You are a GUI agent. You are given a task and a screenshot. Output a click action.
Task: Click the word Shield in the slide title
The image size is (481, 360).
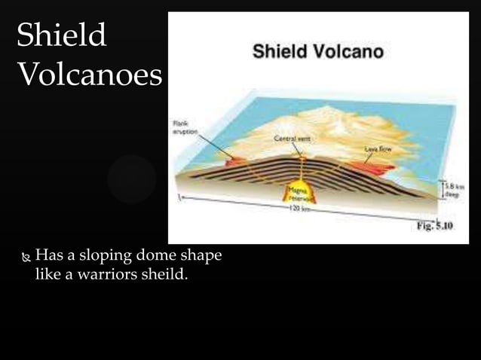[x=61, y=35]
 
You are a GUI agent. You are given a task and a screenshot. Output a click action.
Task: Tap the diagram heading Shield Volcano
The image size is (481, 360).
[x=317, y=52]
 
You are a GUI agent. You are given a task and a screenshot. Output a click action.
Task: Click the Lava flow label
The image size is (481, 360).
[x=377, y=149]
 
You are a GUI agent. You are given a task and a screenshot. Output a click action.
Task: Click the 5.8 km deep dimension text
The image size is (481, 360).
[x=455, y=189]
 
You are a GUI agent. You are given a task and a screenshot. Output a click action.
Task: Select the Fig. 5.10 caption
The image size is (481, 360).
[x=435, y=227]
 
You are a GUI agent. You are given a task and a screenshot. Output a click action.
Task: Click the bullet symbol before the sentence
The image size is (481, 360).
[x=26, y=257]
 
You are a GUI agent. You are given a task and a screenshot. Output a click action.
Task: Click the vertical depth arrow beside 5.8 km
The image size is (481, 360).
[x=443, y=189]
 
